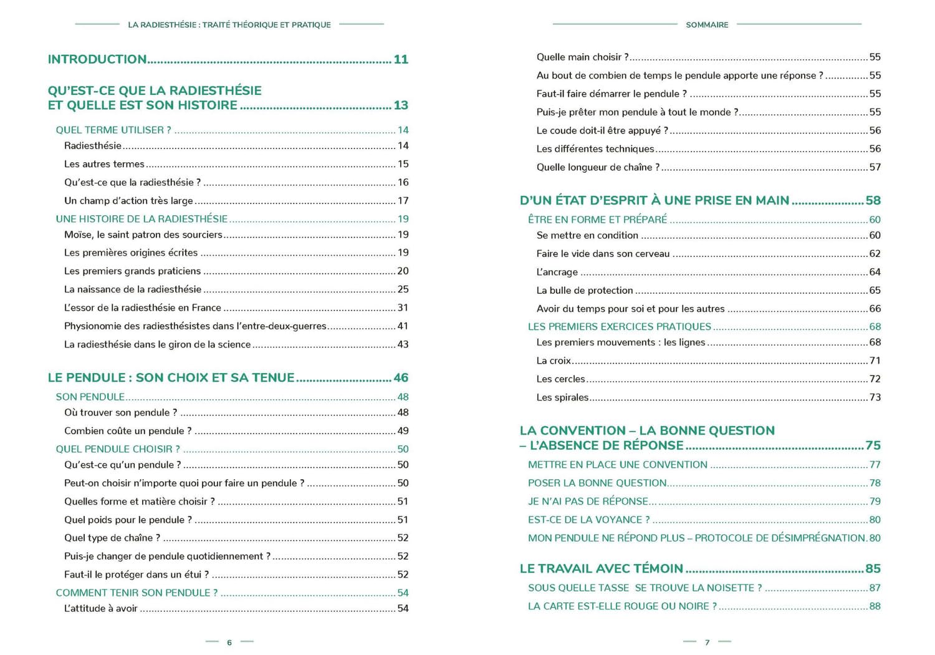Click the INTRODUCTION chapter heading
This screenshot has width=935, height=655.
pyautogui.click(x=97, y=59)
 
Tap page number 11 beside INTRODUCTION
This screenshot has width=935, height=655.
pyautogui.click(x=401, y=59)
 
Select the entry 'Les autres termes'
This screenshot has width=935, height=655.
pyautogui.click(x=104, y=164)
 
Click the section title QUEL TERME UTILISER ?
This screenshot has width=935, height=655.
pyautogui.click(x=113, y=130)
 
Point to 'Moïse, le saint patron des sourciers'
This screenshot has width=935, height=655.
pyautogui.click(x=143, y=235)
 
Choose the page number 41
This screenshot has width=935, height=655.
pyautogui.click(x=403, y=326)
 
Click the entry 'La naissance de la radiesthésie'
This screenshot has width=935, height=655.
pyautogui.click(x=133, y=289)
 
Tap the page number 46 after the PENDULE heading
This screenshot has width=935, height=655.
pyautogui.click(x=401, y=377)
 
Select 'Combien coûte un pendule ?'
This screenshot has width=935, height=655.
pyautogui.click(x=128, y=431)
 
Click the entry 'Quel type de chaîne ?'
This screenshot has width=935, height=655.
pyautogui.click(x=112, y=538)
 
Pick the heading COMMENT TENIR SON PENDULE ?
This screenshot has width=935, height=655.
pyautogui.click(x=137, y=593)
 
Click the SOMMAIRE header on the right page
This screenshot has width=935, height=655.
pyautogui.click(x=707, y=25)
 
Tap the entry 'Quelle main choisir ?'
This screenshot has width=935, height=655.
pyautogui.click(x=582, y=57)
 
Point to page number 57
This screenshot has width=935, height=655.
pyautogui.click(x=875, y=167)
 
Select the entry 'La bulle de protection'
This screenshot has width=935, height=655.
pyautogui.click(x=585, y=291)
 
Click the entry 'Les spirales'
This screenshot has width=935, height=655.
pyautogui.click(x=562, y=397)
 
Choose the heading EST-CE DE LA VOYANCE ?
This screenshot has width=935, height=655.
pyautogui.click(x=588, y=520)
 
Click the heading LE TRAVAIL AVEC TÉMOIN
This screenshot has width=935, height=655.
pyautogui.click(x=602, y=568)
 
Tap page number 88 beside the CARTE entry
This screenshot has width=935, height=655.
pyautogui.click(x=875, y=606)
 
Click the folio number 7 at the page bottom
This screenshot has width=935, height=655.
pyautogui.click(x=707, y=643)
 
